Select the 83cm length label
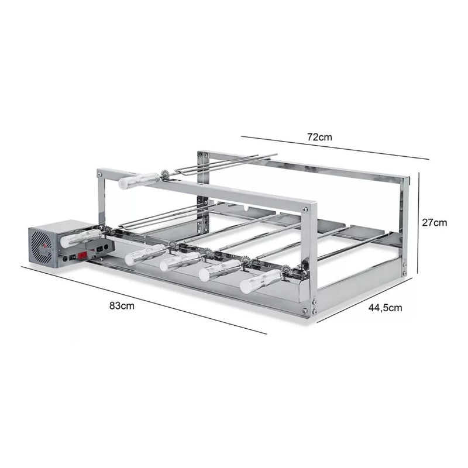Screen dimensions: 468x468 (x=121, y=307)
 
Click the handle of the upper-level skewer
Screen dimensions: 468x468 (x=139, y=180)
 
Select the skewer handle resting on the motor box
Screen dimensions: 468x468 (x=81, y=237)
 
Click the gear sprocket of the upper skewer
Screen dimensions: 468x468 (x=166, y=174)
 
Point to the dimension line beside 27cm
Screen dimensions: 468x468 (x=419, y=222)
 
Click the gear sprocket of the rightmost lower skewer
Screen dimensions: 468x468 (x=286, y=270)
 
